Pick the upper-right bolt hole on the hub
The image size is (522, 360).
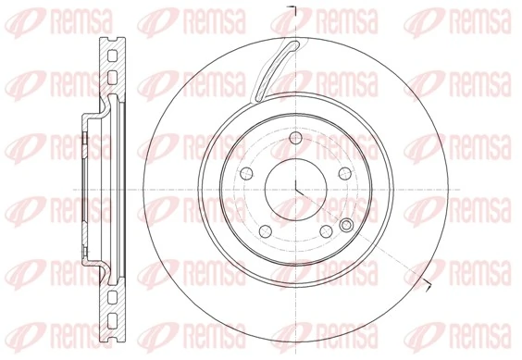pos(344,172)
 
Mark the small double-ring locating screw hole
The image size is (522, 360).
pos(347,226)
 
